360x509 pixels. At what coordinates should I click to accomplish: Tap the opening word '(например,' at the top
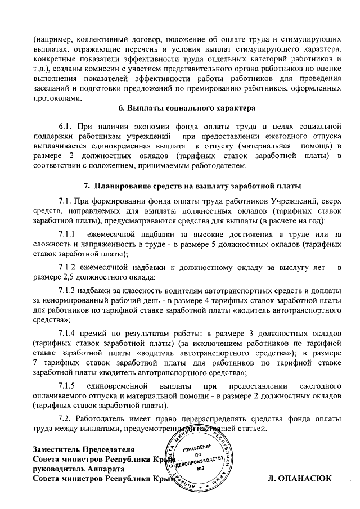pyautogui.click(x=53, y=40)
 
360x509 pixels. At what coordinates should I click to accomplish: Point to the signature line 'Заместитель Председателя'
pyautogui.click(x=84, y=449)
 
